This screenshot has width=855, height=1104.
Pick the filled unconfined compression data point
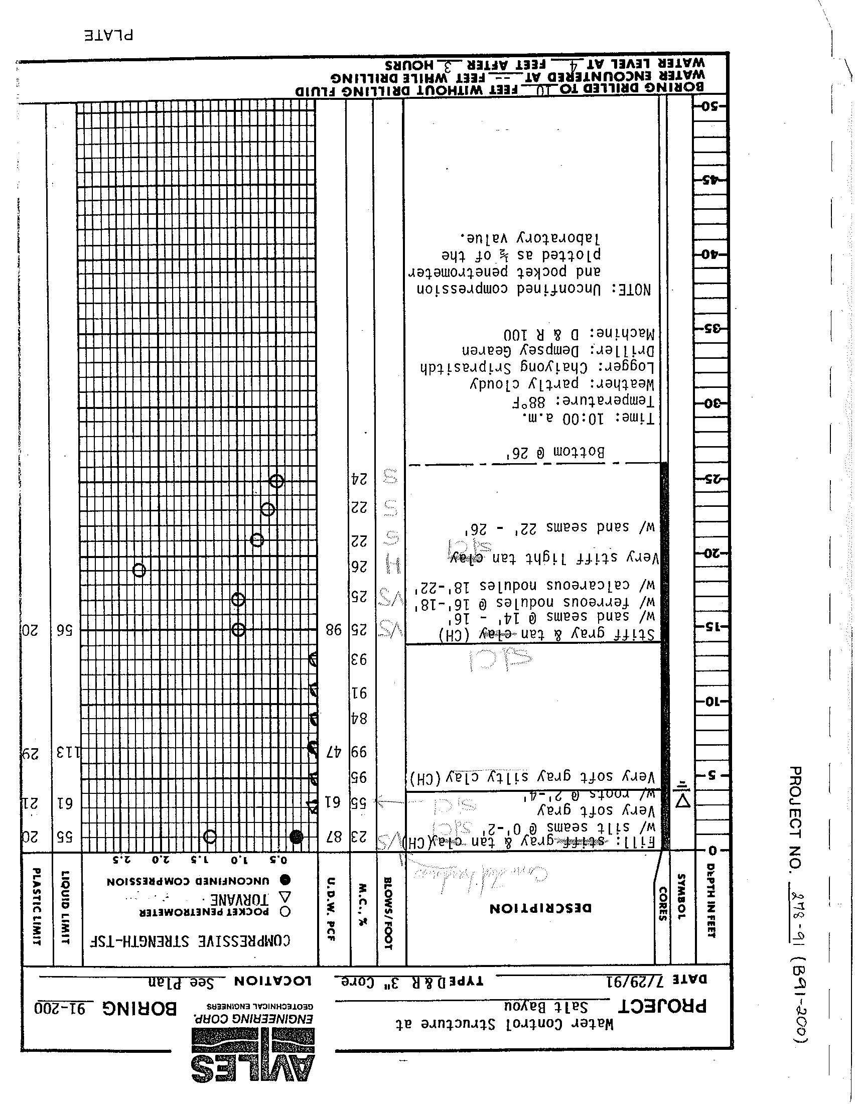(x=297, y=837)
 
